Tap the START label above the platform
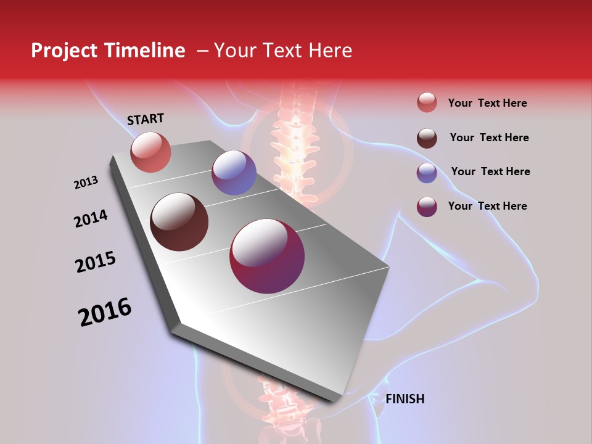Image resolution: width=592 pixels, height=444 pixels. [x=146, y=119]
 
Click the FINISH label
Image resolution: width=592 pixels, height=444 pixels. [x=405, y=399]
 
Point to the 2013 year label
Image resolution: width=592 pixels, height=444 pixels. [x=86, y=183]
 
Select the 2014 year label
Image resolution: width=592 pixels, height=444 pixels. [x=91, y=218]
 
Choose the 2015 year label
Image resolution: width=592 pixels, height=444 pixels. [x=96, y=262]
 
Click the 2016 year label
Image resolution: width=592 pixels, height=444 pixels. [x=105, y=311]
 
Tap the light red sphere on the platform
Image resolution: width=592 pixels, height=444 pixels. [x=150, y=152]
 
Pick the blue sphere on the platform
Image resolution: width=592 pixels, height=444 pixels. [x=234, y=173]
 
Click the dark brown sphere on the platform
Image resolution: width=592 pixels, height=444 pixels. [x=179, y=222]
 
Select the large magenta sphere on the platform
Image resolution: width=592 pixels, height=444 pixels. [x=267, y=256]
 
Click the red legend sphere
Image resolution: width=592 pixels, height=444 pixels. [x=427, y=103]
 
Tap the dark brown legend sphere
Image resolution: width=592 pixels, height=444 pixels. [x=427, y=138]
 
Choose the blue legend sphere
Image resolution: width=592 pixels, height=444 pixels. [x=427, y=173]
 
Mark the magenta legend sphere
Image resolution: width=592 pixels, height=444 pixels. [x=427, y=207]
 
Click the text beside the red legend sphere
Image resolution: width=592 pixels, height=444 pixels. [x=487, y=103]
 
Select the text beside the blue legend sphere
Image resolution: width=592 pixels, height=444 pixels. [x=490, y=171]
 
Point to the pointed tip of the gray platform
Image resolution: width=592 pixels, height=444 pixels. [x=333, y=400]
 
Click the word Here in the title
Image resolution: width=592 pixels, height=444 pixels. [x=330, y=51]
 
